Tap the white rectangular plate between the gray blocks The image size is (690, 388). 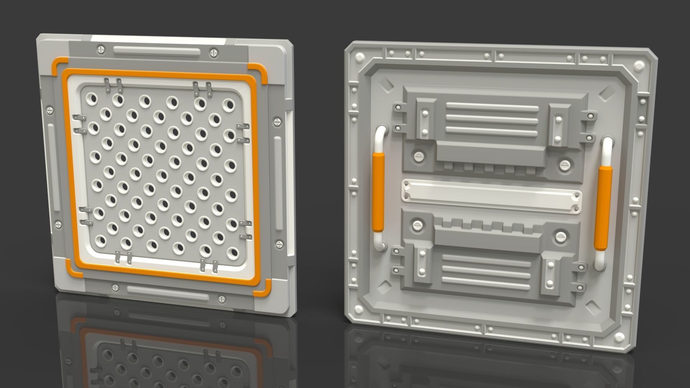pyautogui.click(x=491, y=195)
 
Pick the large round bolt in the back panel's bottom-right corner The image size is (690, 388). pyautogui.click(x=619, y=337)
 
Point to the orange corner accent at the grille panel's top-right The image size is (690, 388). pyautogui.click(x=261, y=74)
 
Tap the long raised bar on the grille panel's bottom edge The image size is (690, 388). pyautogui.click(x=168, y=293)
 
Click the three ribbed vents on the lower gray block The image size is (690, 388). pyautogui.click(x=486, y=269)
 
